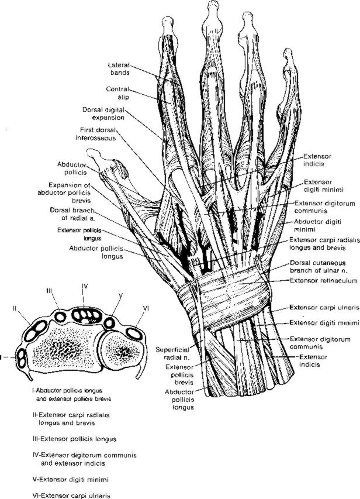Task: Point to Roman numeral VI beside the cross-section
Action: pyautogui.click(x=147, y=308)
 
